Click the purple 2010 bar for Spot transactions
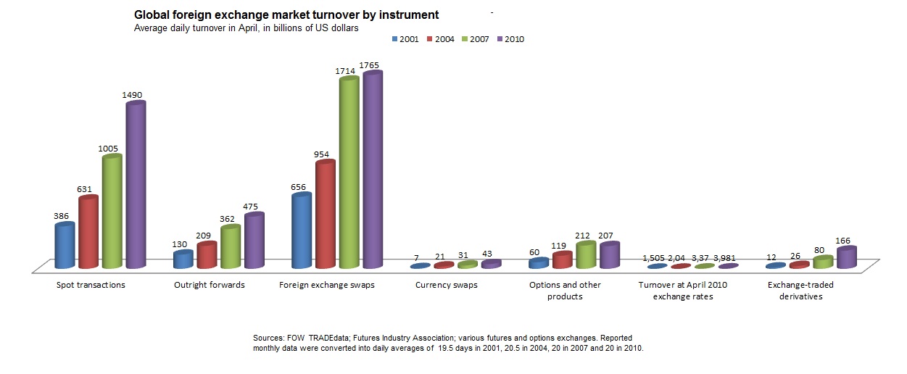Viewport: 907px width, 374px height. [x=136, y=185]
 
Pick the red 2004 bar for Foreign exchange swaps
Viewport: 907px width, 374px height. [x=325, y=215]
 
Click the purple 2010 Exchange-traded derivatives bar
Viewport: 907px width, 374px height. [x=846, y=258]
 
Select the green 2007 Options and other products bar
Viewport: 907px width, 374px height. [x=585, y=255]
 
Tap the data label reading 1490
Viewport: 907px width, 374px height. [x=135, y=95]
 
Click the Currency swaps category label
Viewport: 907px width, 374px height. [x=447, y=285]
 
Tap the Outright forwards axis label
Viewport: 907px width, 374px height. [x=210, y=285]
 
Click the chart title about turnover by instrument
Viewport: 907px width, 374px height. [x=286, y=14]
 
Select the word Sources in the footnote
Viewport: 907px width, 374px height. [x=268, y=338]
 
